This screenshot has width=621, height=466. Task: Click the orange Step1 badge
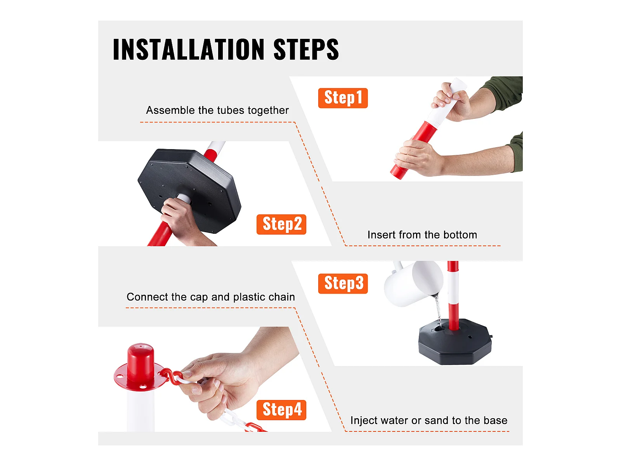(x=343, y=98)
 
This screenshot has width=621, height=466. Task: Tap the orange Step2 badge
(x=281, y=224)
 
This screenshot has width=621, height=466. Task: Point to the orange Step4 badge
(x=281, y=410)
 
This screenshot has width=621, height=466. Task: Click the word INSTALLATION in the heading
(x=189, y=49)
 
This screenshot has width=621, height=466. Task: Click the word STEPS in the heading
(x=306, y=49)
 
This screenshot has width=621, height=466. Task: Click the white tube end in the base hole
(x=184, y=198)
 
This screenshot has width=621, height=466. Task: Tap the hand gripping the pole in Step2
(x=182, y=221)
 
